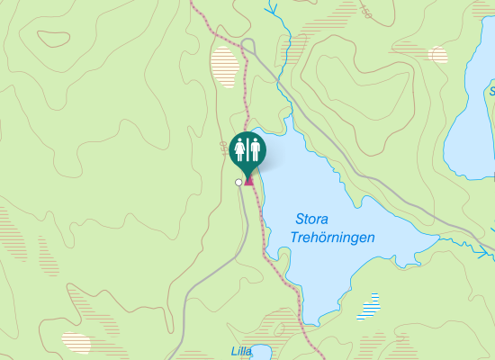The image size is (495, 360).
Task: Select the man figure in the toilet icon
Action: [x=255, y=148]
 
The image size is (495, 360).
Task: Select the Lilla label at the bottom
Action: [x=240, y=351]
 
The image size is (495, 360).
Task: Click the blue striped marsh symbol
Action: [x=368, y=306]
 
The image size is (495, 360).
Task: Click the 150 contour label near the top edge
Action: [x=365, y=11]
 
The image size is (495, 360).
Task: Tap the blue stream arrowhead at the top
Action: [x=269, y=10]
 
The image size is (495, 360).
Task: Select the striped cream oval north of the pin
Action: [x=226, y=66]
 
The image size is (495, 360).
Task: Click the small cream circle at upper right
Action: [x=439, y=55]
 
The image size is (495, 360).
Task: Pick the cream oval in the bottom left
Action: [x=77, y=341]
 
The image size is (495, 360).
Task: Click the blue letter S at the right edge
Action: [x=492, y=92]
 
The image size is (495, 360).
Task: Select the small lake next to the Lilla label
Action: [x=262, y=353]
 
